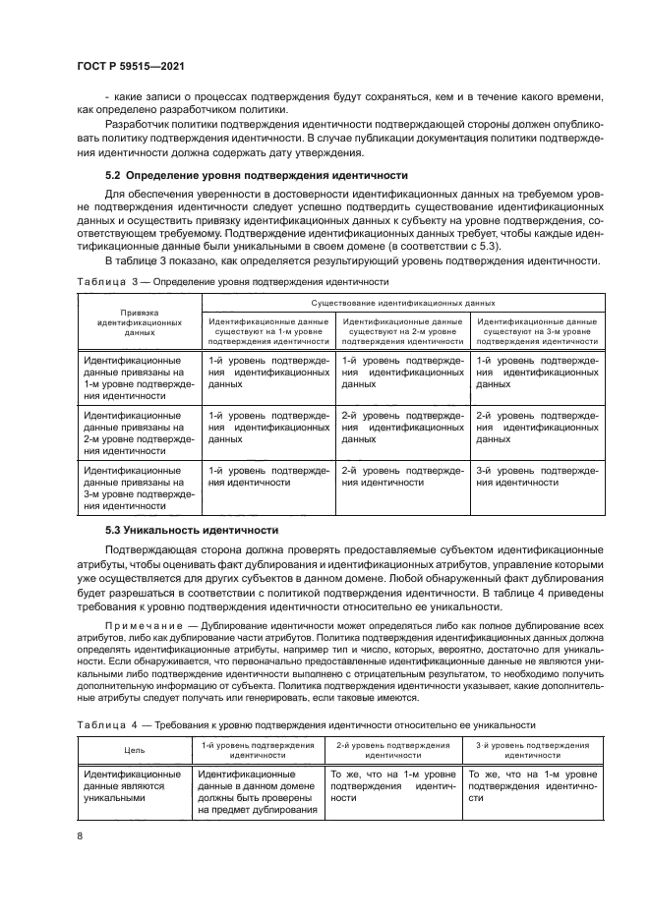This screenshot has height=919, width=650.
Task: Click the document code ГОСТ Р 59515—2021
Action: point(130,66)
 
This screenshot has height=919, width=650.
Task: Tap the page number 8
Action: point(80,835)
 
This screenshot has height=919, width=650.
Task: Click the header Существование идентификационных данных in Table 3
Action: point(402,304)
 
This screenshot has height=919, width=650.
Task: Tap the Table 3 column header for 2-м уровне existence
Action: point(402,331)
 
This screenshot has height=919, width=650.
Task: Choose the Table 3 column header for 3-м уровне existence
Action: point(536,331)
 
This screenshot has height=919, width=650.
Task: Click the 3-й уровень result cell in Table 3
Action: point(536,477)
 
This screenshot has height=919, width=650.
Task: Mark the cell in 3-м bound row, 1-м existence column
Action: point(268,477)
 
